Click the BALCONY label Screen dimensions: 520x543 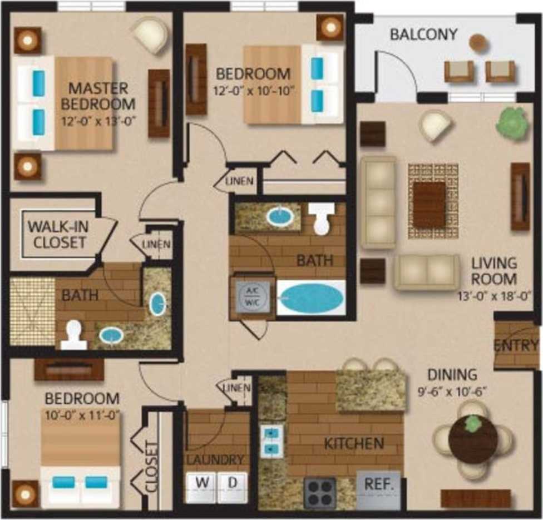click(423, 34)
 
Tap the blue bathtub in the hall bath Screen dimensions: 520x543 click(310, 298)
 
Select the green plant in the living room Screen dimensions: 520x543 click(511, 120)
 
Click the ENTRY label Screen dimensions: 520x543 click(516, 345)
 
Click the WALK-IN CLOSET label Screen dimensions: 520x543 click(57, 235)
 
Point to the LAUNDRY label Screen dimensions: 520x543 click(215, 459)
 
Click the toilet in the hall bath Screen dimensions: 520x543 click(322, 219)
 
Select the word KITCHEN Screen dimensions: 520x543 click(354, 443)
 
